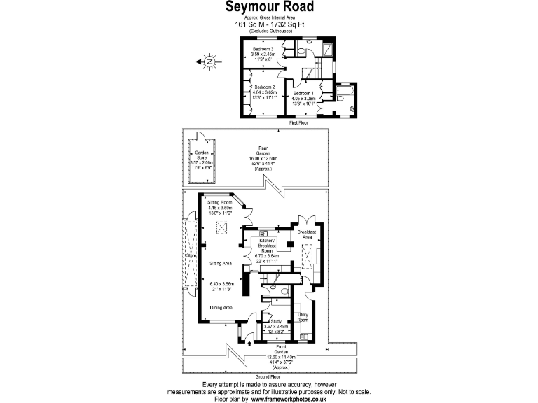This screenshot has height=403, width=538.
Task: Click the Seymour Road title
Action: [269, 7]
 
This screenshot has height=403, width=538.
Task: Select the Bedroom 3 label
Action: [263, 49]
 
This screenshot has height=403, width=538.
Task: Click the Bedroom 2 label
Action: [265, 87]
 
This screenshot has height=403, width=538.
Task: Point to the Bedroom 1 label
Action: [303, 94]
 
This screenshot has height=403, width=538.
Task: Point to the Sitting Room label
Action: [219, 202]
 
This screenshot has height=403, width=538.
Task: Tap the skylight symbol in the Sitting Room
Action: [223, 227]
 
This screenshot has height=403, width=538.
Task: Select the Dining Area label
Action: [221, 307]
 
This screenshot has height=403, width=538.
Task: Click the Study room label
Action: [276, 321]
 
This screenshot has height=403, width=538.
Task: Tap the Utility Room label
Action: [303, 317]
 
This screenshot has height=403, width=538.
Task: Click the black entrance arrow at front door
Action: [251, 342]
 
